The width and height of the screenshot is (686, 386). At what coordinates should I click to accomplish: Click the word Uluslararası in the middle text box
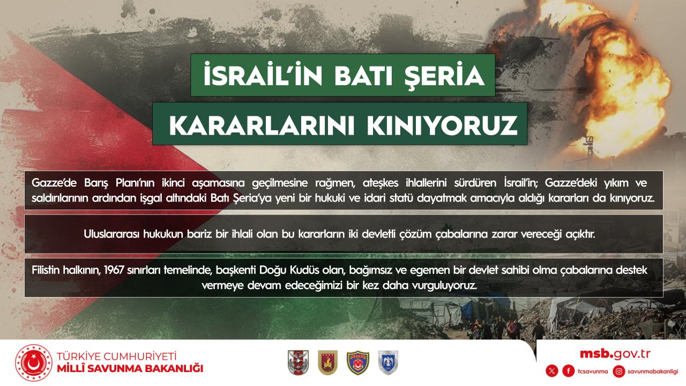click(112, 234)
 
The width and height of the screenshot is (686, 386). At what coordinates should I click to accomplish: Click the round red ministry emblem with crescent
click(34, 363)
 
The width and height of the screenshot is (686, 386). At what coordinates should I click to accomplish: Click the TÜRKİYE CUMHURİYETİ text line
click(117, 357)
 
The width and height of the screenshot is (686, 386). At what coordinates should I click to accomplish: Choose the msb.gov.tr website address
click(615, 354)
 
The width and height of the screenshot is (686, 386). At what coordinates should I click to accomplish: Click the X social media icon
click(552, 372)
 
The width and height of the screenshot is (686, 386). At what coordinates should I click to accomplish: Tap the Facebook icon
click(569, 372)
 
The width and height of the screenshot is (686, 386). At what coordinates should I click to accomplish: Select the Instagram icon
click(619, 372)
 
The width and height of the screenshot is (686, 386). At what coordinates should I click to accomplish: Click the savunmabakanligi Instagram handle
click(653, 372)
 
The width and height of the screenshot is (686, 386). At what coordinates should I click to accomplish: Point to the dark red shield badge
click(327, 363)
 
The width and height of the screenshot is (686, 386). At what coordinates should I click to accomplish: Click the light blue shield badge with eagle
click(389, 363)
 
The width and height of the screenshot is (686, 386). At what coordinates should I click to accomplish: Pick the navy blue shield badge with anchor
click(357, 363)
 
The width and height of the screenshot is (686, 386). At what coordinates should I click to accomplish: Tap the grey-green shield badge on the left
click(299, 363)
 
